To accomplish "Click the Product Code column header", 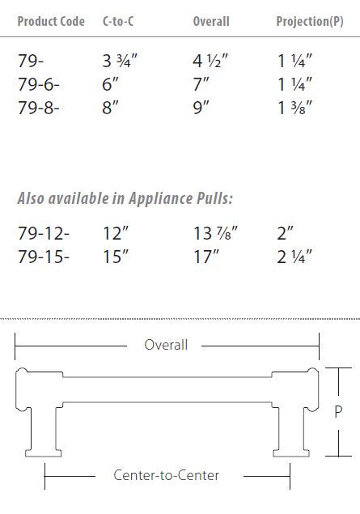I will tap(51, 22).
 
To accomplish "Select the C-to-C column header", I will tap(118, 22).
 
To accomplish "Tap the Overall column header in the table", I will tap(211, 22).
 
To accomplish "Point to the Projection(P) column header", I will tap(310, 22).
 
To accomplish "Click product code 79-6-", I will tap(40, 83).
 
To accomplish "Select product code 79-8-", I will tap(40, 107).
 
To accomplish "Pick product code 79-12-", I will tap(44, 234).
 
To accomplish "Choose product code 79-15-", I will tap(44, 257).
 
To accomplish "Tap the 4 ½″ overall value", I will tap(211, 60).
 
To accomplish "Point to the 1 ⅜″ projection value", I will tap(294, 107).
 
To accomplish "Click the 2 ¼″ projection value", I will tap(294, 257).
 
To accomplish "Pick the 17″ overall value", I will tap(207, 257).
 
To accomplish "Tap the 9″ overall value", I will tap(202, 107).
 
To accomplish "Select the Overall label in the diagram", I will tap(166, 345).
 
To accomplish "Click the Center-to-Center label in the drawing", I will tap(167, 475).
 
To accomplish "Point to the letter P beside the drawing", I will tap(338, 411).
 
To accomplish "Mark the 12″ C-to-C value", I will tap(116, 234).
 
